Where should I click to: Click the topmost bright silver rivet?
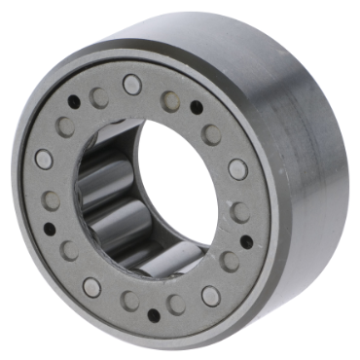click(131, 84)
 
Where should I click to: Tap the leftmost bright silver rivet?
click(44, 159)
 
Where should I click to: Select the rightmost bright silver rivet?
click(237, 169)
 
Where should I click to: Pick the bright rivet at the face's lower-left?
click(90, 287)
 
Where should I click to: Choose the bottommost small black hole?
click(151, 313)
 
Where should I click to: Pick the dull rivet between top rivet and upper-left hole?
click(98, 96)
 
